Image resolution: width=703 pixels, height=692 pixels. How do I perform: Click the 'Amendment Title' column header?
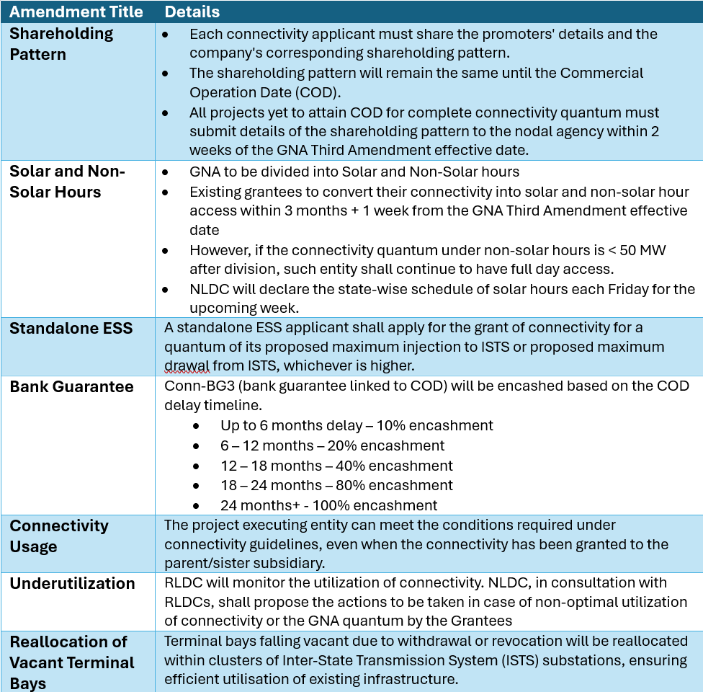pos(76,12)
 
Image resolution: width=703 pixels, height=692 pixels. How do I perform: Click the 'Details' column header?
pos(192,12)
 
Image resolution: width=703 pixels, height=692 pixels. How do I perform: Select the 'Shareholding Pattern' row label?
pos(62,44)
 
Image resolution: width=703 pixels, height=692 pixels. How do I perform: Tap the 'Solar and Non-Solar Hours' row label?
pos(67,182)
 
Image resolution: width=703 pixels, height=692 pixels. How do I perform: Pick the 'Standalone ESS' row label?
pos(71,329)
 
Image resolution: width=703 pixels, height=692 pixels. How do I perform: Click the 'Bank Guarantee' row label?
pos(71,387)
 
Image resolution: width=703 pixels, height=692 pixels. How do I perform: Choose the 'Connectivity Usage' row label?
pos(59,536)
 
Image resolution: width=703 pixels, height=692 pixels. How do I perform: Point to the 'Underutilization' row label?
pos(72,584)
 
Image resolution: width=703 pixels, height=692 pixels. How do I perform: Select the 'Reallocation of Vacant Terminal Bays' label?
pos(72,662)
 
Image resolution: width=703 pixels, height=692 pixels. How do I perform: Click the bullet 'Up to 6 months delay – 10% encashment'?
pos(357,425)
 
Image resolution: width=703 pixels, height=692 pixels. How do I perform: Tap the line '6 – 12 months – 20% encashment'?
pos(332,445)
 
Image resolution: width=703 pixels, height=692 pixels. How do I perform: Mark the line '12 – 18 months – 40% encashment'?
pos(336,466)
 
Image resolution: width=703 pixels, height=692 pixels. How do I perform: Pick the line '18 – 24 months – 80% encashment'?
pos(336,485)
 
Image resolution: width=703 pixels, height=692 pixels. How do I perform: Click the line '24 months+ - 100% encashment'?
pos(328,505)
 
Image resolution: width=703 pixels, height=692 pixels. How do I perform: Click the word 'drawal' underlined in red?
pos(187,366)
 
